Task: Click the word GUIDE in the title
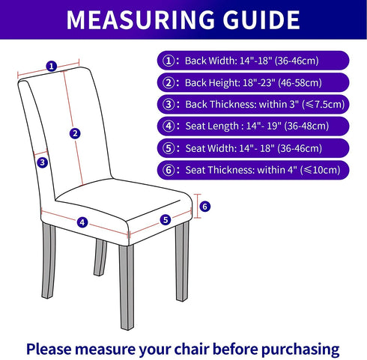click(261, 20)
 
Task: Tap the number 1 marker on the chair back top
click(52, 67)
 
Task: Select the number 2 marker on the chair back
click(75, 134)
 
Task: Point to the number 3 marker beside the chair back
click(43, 162)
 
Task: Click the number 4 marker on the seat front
click(82, 222)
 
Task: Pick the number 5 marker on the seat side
click(166, 220)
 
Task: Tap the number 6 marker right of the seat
click(205, 207)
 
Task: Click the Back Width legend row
click(253, 61)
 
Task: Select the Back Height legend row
click(253, 82)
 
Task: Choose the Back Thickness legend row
click(253, 104)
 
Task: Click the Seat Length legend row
click(253, 126)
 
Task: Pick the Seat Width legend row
click(253, 148)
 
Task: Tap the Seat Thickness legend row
click(253, 170)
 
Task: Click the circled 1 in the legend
click(169, 61)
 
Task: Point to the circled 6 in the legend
click(169, 170)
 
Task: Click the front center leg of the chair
click(127, 287)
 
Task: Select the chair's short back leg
click(100, 257)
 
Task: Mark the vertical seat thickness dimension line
click(197, 206)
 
